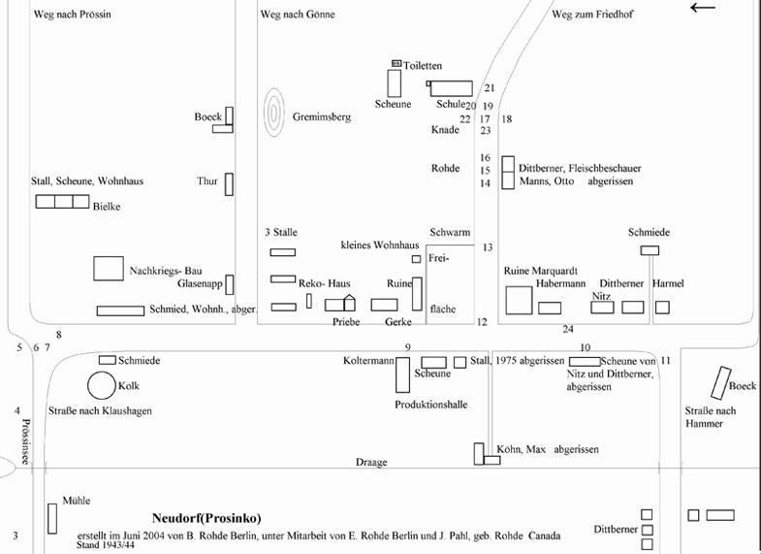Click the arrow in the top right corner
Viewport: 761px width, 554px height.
click(703, 8)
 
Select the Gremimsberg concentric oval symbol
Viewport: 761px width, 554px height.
click(274, 115)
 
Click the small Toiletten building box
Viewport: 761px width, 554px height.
click(396, 64)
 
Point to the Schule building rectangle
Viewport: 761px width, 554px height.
click(451, 88)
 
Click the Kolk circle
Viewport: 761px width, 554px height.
click(102, 386)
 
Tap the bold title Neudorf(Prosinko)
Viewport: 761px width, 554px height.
click(206, 518)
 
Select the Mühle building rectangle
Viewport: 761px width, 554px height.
click(52, 518)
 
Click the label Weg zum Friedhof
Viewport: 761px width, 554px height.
click(591, 16)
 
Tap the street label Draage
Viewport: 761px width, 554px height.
click(370, 463)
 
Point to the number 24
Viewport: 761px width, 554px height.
click(568, 330)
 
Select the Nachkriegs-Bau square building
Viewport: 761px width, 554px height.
click(109, 269)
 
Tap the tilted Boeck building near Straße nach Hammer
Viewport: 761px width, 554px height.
click(720, 383)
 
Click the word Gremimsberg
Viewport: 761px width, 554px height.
click(322, 117)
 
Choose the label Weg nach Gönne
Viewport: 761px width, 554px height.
click(291, 16)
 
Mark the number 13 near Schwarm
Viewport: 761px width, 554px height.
click(488, 248)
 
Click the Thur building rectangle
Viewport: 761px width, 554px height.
click(229, 183)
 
